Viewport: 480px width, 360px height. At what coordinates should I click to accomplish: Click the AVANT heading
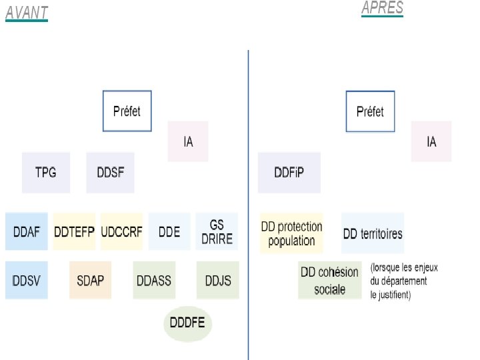point(27,13)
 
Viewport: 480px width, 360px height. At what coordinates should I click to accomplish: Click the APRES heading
point(382,8)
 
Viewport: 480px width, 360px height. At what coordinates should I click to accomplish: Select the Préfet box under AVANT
point(127,111)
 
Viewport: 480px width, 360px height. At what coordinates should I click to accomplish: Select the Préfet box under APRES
point(370,111)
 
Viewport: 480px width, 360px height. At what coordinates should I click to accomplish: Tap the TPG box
point(45,173)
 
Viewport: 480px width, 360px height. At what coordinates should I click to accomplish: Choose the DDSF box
point(110,173)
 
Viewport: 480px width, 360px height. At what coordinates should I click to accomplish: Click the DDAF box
point(27,231)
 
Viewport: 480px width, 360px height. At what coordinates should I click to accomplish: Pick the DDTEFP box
point(75,231)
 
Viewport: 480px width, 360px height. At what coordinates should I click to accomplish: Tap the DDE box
point(169,231)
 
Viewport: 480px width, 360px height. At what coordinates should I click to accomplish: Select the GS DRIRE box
point(217,231)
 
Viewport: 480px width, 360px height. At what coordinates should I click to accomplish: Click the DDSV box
point(27,280)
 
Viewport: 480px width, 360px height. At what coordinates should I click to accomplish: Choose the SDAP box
point(90,280)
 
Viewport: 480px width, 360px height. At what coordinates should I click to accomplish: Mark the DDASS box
point(154,280)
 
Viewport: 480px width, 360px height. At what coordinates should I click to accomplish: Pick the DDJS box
point(217,280)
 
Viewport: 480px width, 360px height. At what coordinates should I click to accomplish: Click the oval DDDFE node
point(187,324)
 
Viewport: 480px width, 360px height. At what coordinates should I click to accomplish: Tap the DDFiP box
point(289,173)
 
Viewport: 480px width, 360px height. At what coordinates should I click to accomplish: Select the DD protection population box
point(291,233)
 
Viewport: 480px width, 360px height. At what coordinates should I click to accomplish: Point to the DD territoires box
point(373,233)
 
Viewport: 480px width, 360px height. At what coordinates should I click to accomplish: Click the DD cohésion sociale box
point(329,280)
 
